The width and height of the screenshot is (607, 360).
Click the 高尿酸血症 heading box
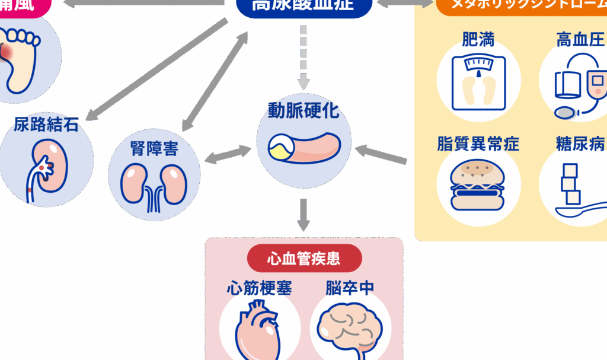click(303, 6)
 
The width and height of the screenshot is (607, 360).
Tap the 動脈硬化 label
click(303, 111)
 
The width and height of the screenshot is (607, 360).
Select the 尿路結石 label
click(46, 125)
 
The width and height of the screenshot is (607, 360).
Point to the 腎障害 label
click(154, 148)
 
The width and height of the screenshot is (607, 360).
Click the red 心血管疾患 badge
click(303, 259)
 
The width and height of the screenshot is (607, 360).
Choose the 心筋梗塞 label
click(260, 288)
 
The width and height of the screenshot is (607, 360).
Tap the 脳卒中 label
click(350, 288)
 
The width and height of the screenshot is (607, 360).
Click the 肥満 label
click(478, 40)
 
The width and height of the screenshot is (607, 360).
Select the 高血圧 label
click(580, 40)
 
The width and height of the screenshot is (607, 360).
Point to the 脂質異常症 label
click(478, 144)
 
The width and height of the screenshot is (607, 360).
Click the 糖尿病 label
click(580, 144)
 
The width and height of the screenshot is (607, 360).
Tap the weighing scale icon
click(478, 83)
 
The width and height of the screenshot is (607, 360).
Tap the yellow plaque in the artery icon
click(279, 147)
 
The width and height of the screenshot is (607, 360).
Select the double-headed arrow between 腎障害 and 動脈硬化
click(228, 153)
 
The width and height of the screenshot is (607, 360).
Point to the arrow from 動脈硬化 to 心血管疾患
click(303, 215)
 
